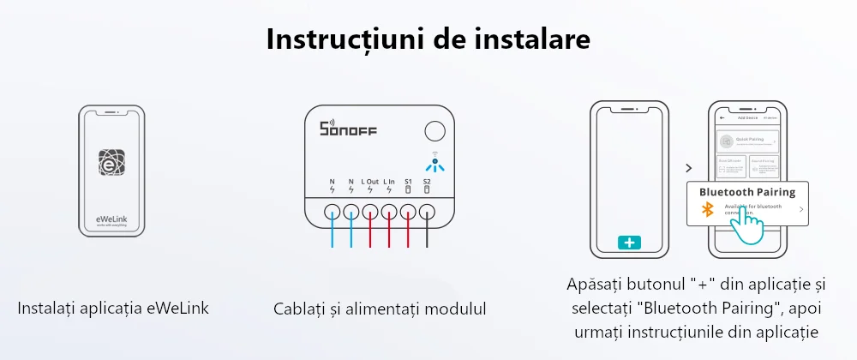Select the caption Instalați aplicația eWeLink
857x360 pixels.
pos(113,308)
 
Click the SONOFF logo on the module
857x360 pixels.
pos(348,129)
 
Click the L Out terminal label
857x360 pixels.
pos(370,182)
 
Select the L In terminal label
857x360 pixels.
pos(389,182)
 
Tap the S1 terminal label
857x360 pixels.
pos(408,182)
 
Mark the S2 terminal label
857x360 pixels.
pos(427,182)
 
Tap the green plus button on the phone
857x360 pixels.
pos(629,243)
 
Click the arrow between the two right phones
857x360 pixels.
pos(688,168)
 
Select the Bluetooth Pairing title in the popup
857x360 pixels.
pos(747,192)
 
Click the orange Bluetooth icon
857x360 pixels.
pos(708,209)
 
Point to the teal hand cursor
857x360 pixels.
pos(747,225)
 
